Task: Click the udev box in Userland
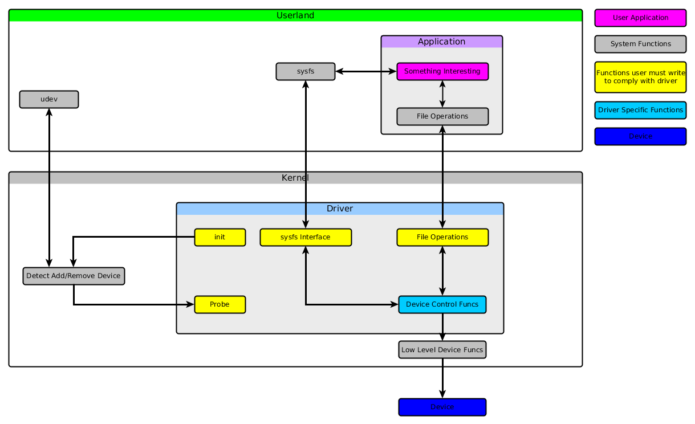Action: (x=49, y=99)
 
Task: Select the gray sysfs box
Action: (x=306, y=72)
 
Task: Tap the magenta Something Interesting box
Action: (x=442, y=72)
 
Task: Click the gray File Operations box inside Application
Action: (x=442, y=116)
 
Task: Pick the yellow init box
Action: (x=220, y=237)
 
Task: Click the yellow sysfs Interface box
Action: (x=306, y=237)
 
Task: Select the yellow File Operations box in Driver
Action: (x=442, y=237)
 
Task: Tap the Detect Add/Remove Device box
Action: (x=74, y=276)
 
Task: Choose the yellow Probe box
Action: (x=220, y=304)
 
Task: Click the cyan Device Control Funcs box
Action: (x=442, y=304)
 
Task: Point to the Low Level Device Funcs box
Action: (x=442, y=349)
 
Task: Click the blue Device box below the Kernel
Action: (x=442, y=407)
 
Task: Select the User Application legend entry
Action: (x=640, y=18)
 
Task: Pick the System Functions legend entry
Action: (x=640, y=44)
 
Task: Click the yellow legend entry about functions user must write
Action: (x=640, y=77)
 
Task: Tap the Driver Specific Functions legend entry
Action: (x=640, y=110)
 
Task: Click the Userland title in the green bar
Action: (x=295, y=15)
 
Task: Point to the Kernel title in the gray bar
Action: (x=295, y=178)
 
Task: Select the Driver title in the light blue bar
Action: (x=340, y=209)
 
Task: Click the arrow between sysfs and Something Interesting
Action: (x=366, y=72)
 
